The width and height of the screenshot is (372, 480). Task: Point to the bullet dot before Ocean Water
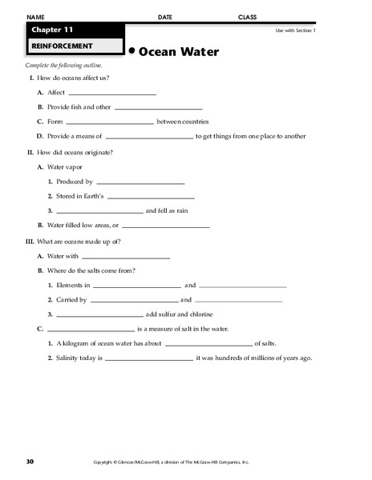pos(131,50)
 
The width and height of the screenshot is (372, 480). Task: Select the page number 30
pos(30,462)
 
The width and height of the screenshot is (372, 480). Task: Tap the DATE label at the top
pos(165,17)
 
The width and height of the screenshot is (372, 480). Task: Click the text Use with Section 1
pos(296,30)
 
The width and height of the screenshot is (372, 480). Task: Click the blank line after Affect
pos(101,94)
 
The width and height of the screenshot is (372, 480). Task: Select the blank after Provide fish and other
pos(159,108)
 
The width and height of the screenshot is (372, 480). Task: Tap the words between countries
pos(183,122)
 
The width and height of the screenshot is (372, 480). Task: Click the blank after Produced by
pos(139,183)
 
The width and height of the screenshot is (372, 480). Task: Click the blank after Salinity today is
pos(149,358)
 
